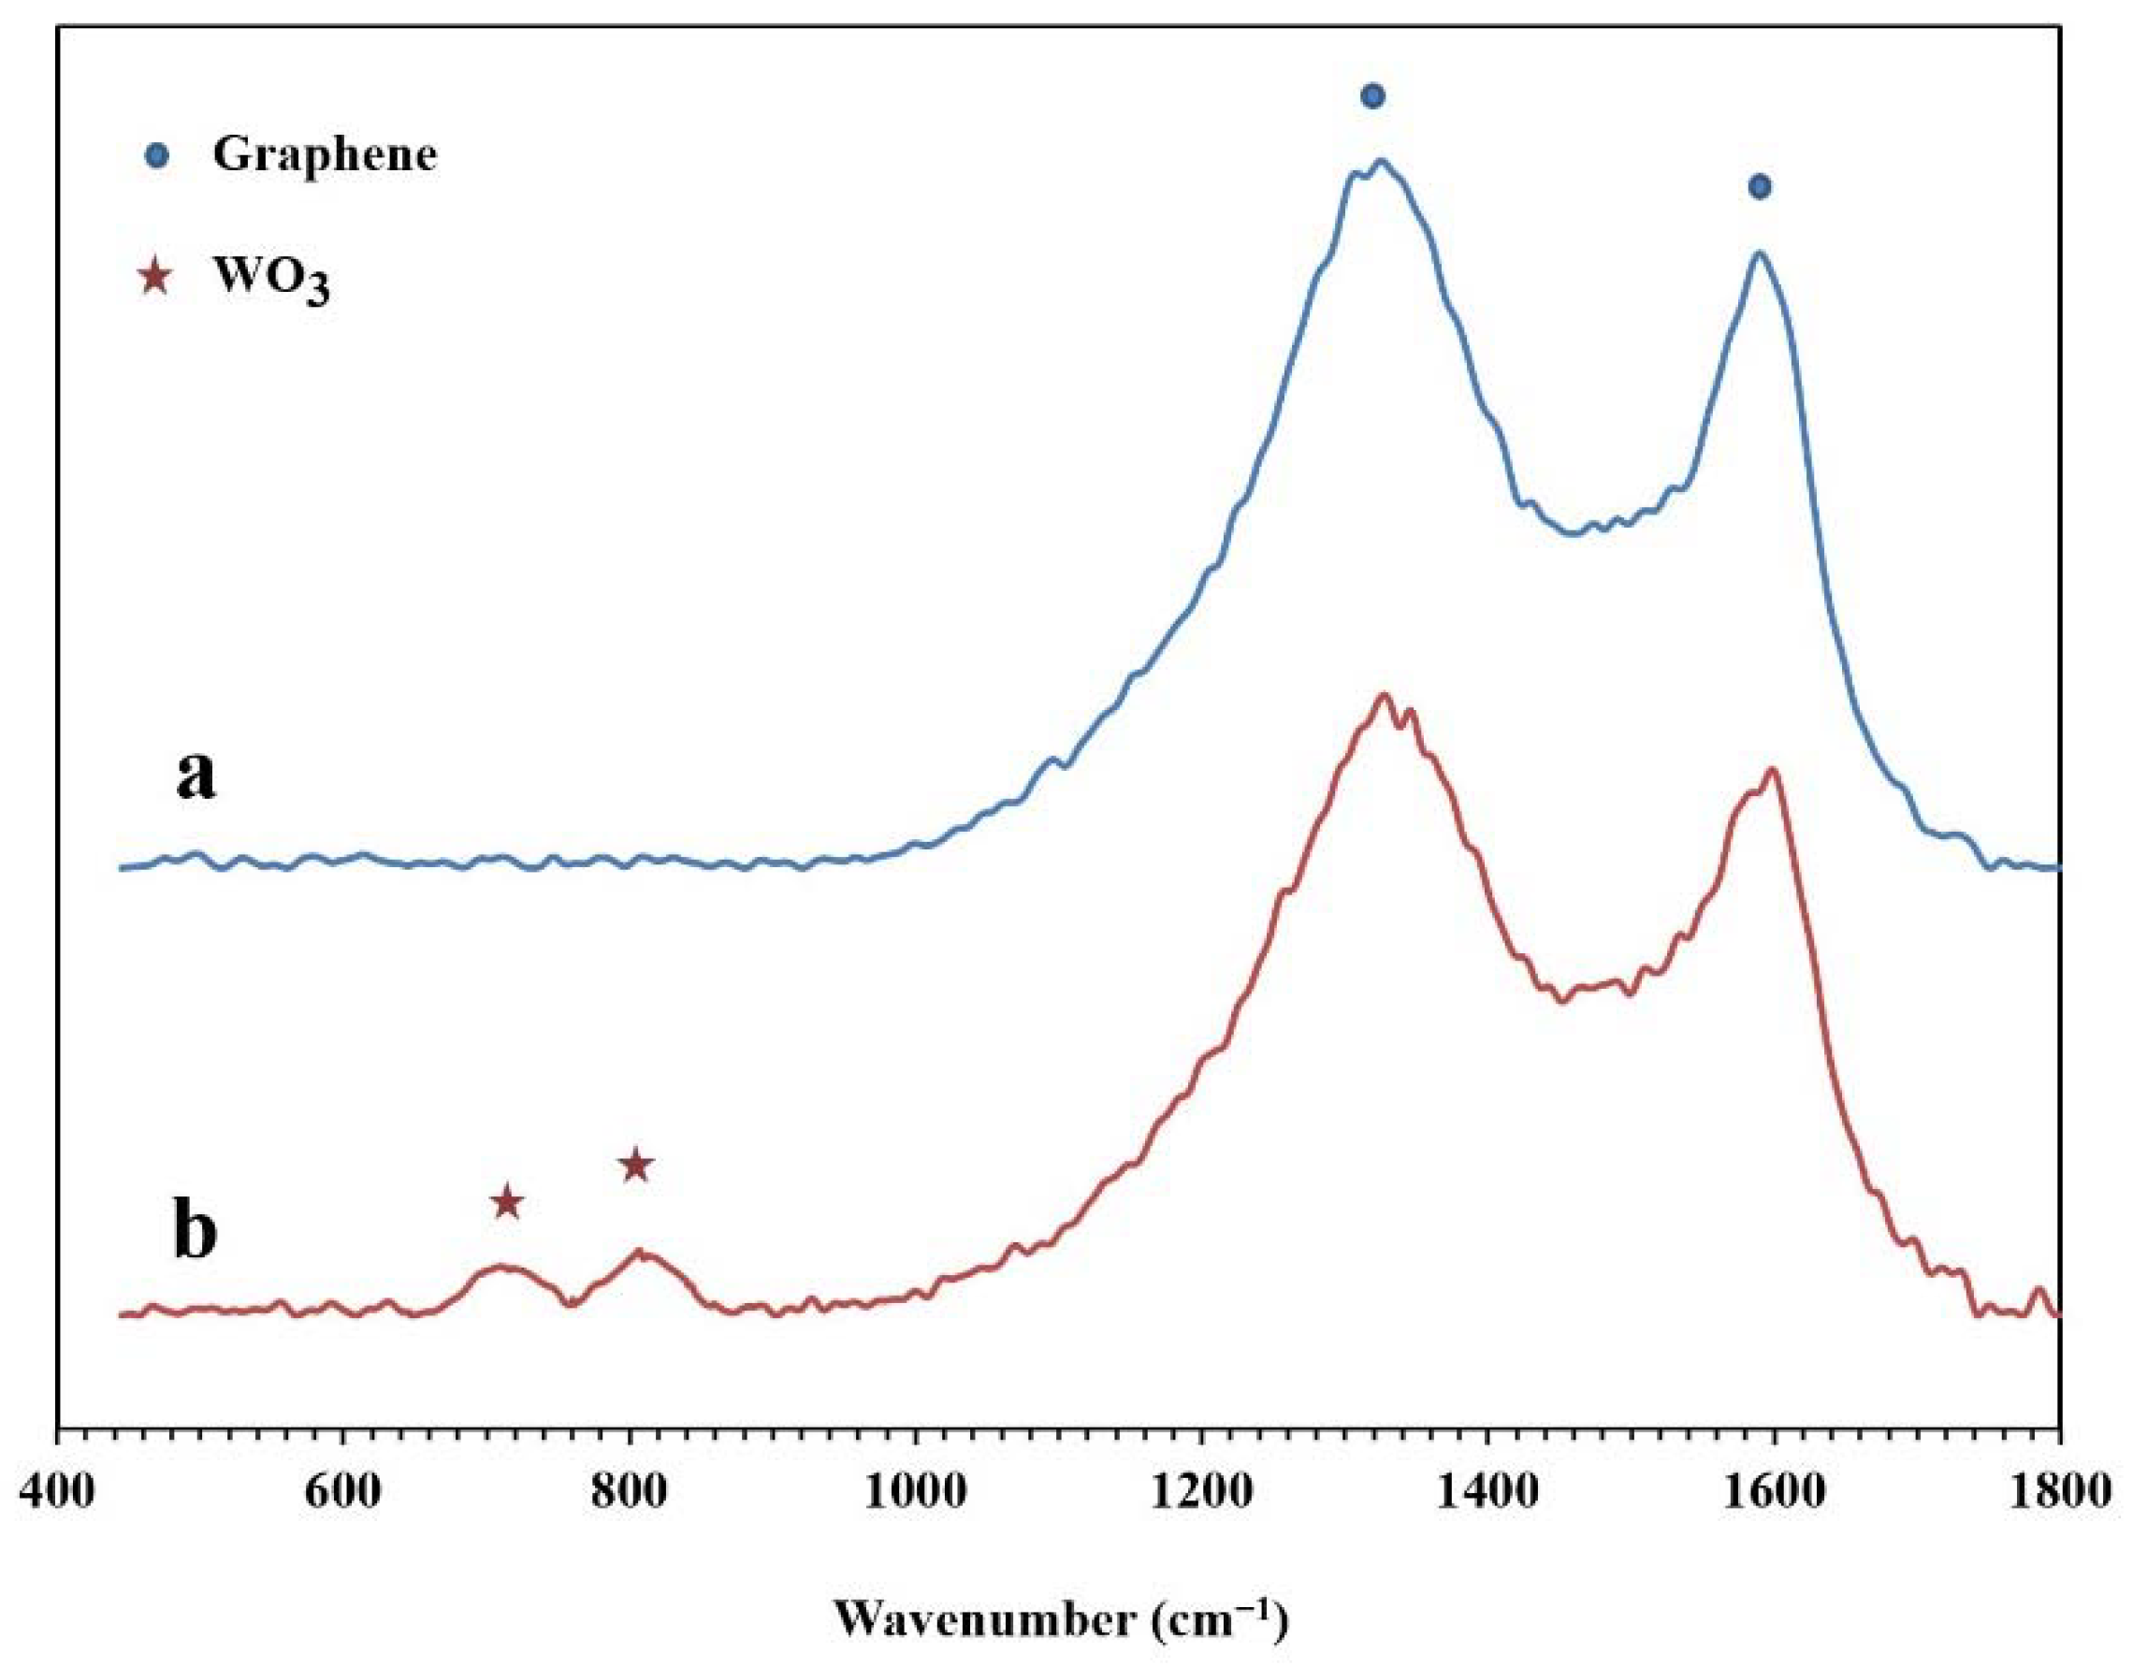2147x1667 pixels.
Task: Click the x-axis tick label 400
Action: (58, 1493)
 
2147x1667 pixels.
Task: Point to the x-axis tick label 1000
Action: (915, 1493)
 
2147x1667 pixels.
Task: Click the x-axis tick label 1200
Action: (1201, 1493)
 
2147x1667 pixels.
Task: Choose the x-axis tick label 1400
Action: (1487, 1493)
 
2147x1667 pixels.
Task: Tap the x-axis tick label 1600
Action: (1774, 1493)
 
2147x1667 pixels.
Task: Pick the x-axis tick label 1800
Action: (2058, 1493)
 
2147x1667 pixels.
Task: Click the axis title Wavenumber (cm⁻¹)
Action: (1062, 1620)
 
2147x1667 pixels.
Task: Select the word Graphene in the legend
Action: (325, 155)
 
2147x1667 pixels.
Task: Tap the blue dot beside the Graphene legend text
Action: (156, 155)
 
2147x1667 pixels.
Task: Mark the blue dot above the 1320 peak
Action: (1373, 95)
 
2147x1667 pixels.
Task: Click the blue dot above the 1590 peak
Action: (1760, 186)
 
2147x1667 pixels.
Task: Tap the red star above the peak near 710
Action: (506, 1201)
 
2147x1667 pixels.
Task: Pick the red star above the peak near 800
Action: (636, 1165)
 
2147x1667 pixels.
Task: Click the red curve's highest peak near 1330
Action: (1385, 696)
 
